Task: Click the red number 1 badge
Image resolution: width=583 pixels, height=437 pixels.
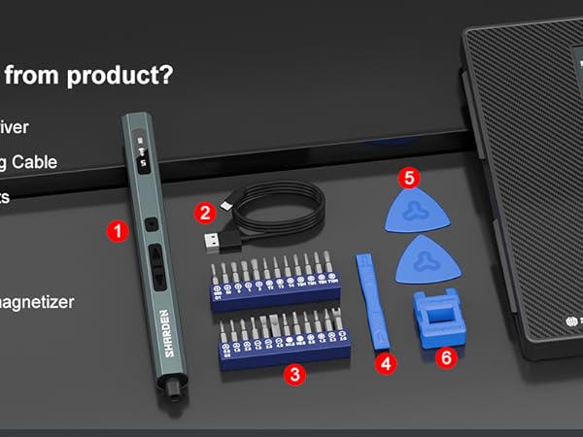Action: click(118, 231)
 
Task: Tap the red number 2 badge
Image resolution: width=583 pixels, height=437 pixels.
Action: click(204, 212)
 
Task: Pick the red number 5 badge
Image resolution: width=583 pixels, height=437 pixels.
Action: click(410, 178)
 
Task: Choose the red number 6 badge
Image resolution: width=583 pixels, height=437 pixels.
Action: click(446, 357)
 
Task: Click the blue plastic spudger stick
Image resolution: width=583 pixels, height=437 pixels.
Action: click(369, 301)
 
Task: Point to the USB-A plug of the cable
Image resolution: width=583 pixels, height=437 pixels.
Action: click(215, 239)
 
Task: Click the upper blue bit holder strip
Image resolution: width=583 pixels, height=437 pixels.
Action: click(275, 288)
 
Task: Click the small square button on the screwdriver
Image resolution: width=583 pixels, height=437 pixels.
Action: click(150, 225)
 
